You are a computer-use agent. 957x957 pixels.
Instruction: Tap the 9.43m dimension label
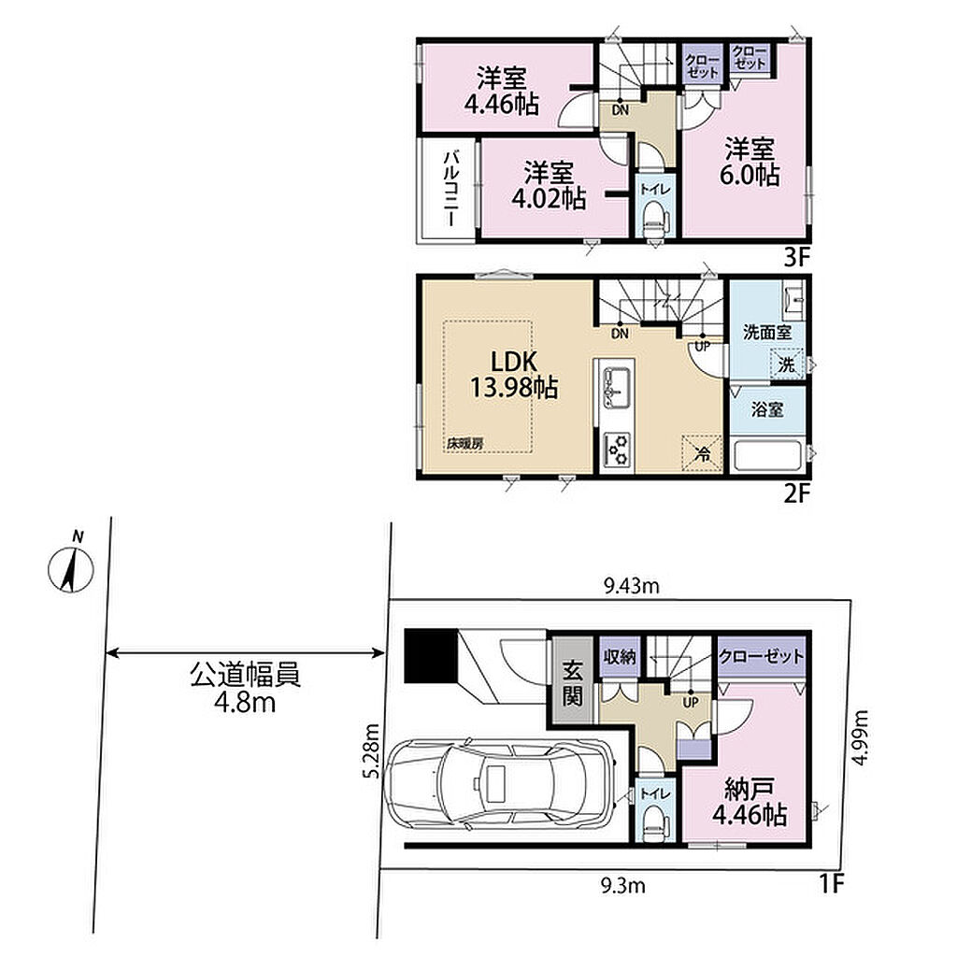point(631,587)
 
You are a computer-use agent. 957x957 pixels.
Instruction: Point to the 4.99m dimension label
point(860,738)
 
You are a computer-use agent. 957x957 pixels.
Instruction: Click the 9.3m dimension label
point(622,885)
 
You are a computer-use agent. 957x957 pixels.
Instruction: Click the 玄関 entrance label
point(573,683)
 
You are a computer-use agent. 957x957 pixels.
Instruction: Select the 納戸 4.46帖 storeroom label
point(749,802)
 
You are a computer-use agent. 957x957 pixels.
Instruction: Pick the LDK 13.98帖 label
point(514,374)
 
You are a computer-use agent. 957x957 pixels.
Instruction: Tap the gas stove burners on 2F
point(617,450)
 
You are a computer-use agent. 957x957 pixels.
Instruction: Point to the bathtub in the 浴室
point(768,456)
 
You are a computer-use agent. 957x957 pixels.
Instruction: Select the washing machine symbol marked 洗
point(786,365)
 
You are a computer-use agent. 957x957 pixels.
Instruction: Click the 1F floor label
point(831,883)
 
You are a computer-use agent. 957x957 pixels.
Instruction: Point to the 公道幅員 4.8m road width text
point(245,689)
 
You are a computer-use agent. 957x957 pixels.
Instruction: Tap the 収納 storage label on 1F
point(619,657)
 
